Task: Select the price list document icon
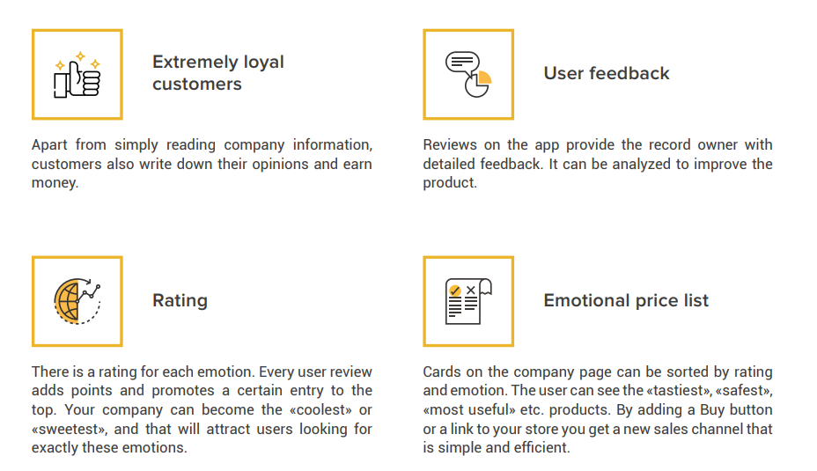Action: tap(468, 301)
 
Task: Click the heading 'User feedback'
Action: tap(607, 73)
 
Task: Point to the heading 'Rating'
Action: tap(180, 300)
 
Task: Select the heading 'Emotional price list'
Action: tap(626, 300)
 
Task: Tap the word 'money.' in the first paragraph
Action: tap(55, 183)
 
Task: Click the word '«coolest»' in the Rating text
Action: tap(320, 410)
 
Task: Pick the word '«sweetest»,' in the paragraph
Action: tap(69, 430)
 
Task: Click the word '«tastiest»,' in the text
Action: tap(679, 391)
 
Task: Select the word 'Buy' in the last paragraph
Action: tap(712, 410)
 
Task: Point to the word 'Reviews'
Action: tap(450, 145)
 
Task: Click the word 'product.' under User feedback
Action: tap(450, 183)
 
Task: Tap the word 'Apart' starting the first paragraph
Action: tap(49, 145)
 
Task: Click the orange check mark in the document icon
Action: tap(455, 291)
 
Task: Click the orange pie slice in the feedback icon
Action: tap(484, 77)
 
